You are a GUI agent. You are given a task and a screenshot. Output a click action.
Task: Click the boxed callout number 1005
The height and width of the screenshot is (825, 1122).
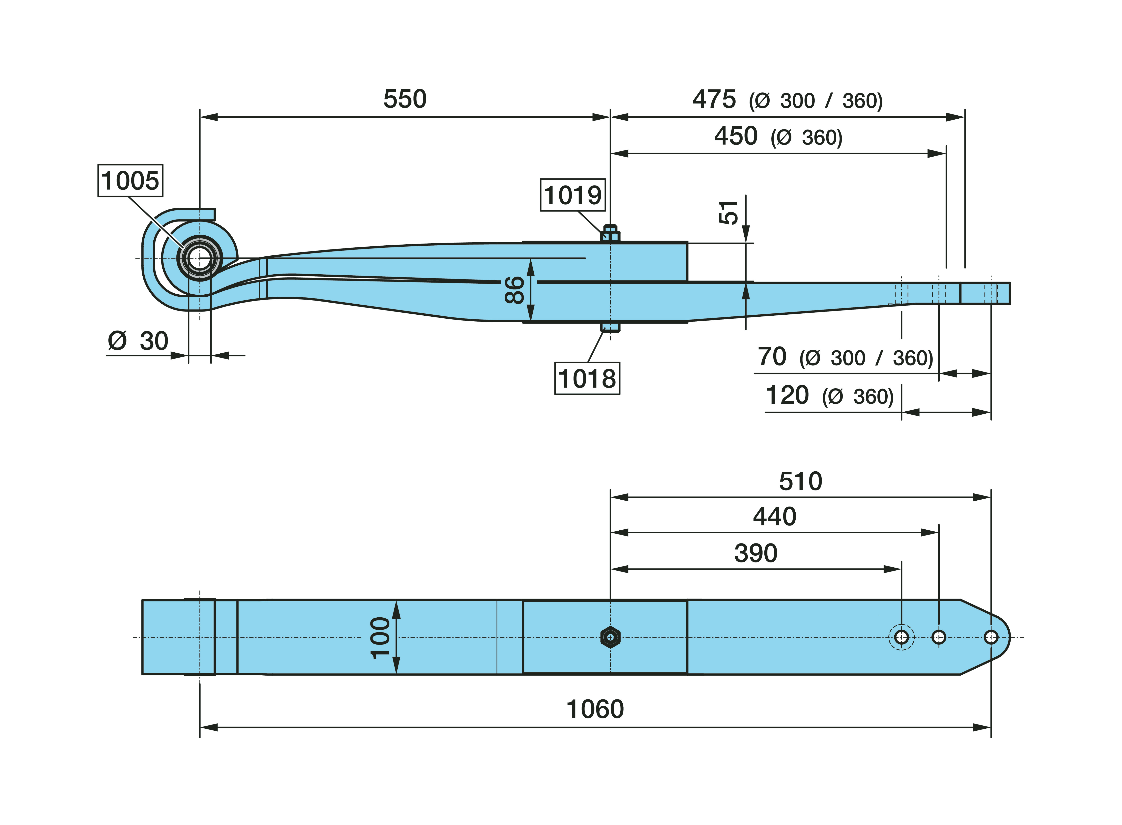tap(130, 180)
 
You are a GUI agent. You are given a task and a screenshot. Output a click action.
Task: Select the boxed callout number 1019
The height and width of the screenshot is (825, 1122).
tap(573, 195)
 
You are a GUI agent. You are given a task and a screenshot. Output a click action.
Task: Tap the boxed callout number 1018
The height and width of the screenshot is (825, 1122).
tap(587, 379)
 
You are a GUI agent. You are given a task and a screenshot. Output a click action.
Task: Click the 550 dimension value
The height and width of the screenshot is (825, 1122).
tap(405, 99)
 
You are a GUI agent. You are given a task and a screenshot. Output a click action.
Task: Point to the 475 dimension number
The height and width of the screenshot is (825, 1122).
tap(714, 99)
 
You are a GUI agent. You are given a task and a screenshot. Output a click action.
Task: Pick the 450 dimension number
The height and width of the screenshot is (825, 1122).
tap(736, 136)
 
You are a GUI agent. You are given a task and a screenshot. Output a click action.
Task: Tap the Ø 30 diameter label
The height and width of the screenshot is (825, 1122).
tap(138, 341)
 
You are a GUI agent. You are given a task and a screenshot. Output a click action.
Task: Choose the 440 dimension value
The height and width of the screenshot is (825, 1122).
tap(774, 516)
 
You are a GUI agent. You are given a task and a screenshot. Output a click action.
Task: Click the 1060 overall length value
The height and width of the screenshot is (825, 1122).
tap(595, 709)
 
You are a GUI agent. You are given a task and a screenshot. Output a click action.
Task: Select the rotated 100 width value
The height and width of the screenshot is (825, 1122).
tap(381, 638)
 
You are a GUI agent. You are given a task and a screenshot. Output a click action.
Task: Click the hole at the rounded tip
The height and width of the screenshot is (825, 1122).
tap(991, 637)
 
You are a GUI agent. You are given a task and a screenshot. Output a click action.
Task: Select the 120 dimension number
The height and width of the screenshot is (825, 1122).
tap(787, 395)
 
